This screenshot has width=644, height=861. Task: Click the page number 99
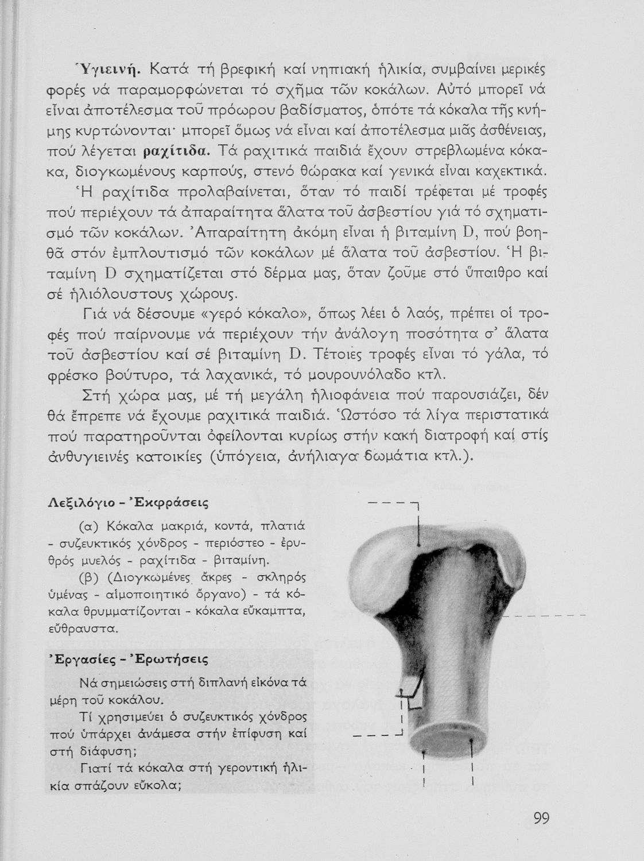[x=541, y=817]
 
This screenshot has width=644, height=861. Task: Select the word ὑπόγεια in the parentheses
[x=240, y=457]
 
